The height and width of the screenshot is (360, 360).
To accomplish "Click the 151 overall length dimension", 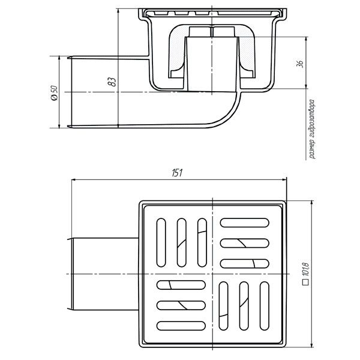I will (178, 173).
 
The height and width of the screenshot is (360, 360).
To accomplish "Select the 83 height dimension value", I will (112, 82).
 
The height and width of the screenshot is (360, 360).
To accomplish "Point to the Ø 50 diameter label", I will (54, 93).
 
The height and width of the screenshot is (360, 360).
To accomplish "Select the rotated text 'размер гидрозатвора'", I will (311, 130).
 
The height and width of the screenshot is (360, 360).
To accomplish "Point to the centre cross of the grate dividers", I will (213, 274).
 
